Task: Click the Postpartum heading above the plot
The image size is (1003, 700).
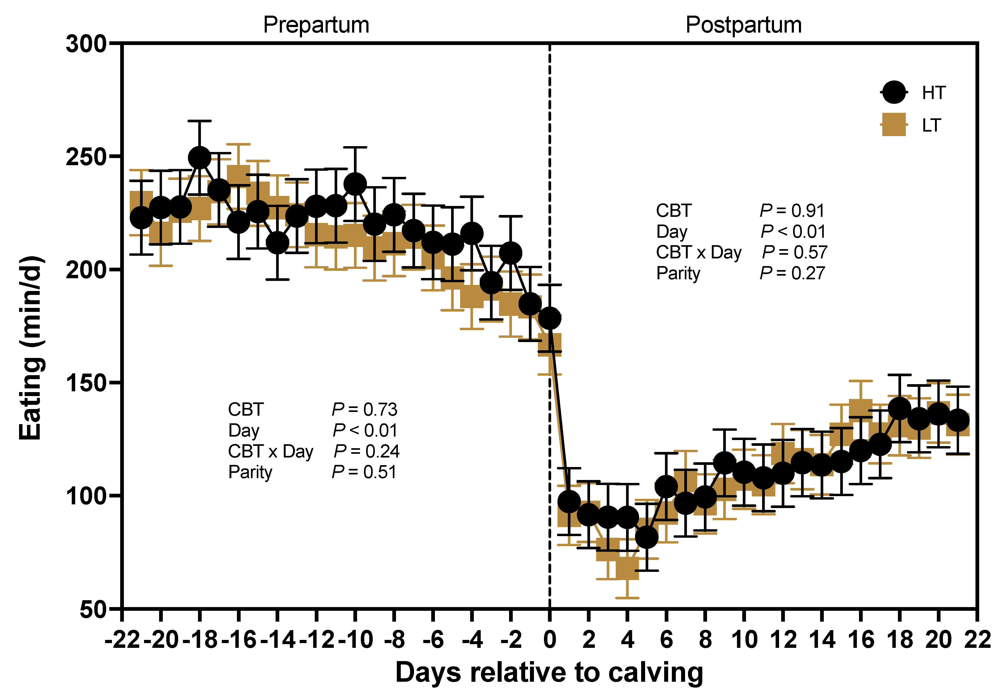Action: coord(744,25)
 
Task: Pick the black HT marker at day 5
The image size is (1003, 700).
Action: coord(646,537)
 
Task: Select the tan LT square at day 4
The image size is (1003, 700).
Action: coord(627,568)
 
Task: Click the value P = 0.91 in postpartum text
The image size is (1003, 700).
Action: coord(792,211)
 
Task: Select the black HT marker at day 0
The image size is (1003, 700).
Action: coord(550,318)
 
